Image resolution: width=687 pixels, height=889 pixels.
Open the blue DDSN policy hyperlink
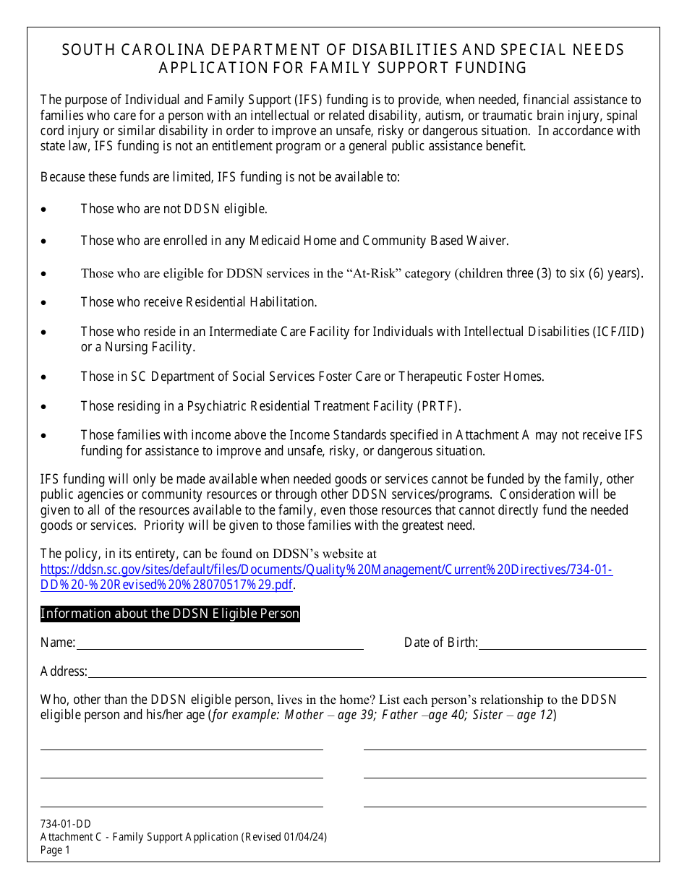coord(326,570)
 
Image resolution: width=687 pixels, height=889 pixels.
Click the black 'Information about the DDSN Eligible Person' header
coord(170,614)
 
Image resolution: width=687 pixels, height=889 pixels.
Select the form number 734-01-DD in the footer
coord(66,824)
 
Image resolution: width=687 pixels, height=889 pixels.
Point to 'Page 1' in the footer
coord(56,850)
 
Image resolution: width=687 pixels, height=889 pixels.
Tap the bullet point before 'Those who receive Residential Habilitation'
coord(44,303)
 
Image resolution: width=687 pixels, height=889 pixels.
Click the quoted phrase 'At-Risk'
coord(370,273)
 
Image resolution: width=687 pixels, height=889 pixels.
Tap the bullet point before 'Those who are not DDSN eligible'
coord(44,210)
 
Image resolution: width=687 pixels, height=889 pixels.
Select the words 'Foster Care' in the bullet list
coord(355,377)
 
